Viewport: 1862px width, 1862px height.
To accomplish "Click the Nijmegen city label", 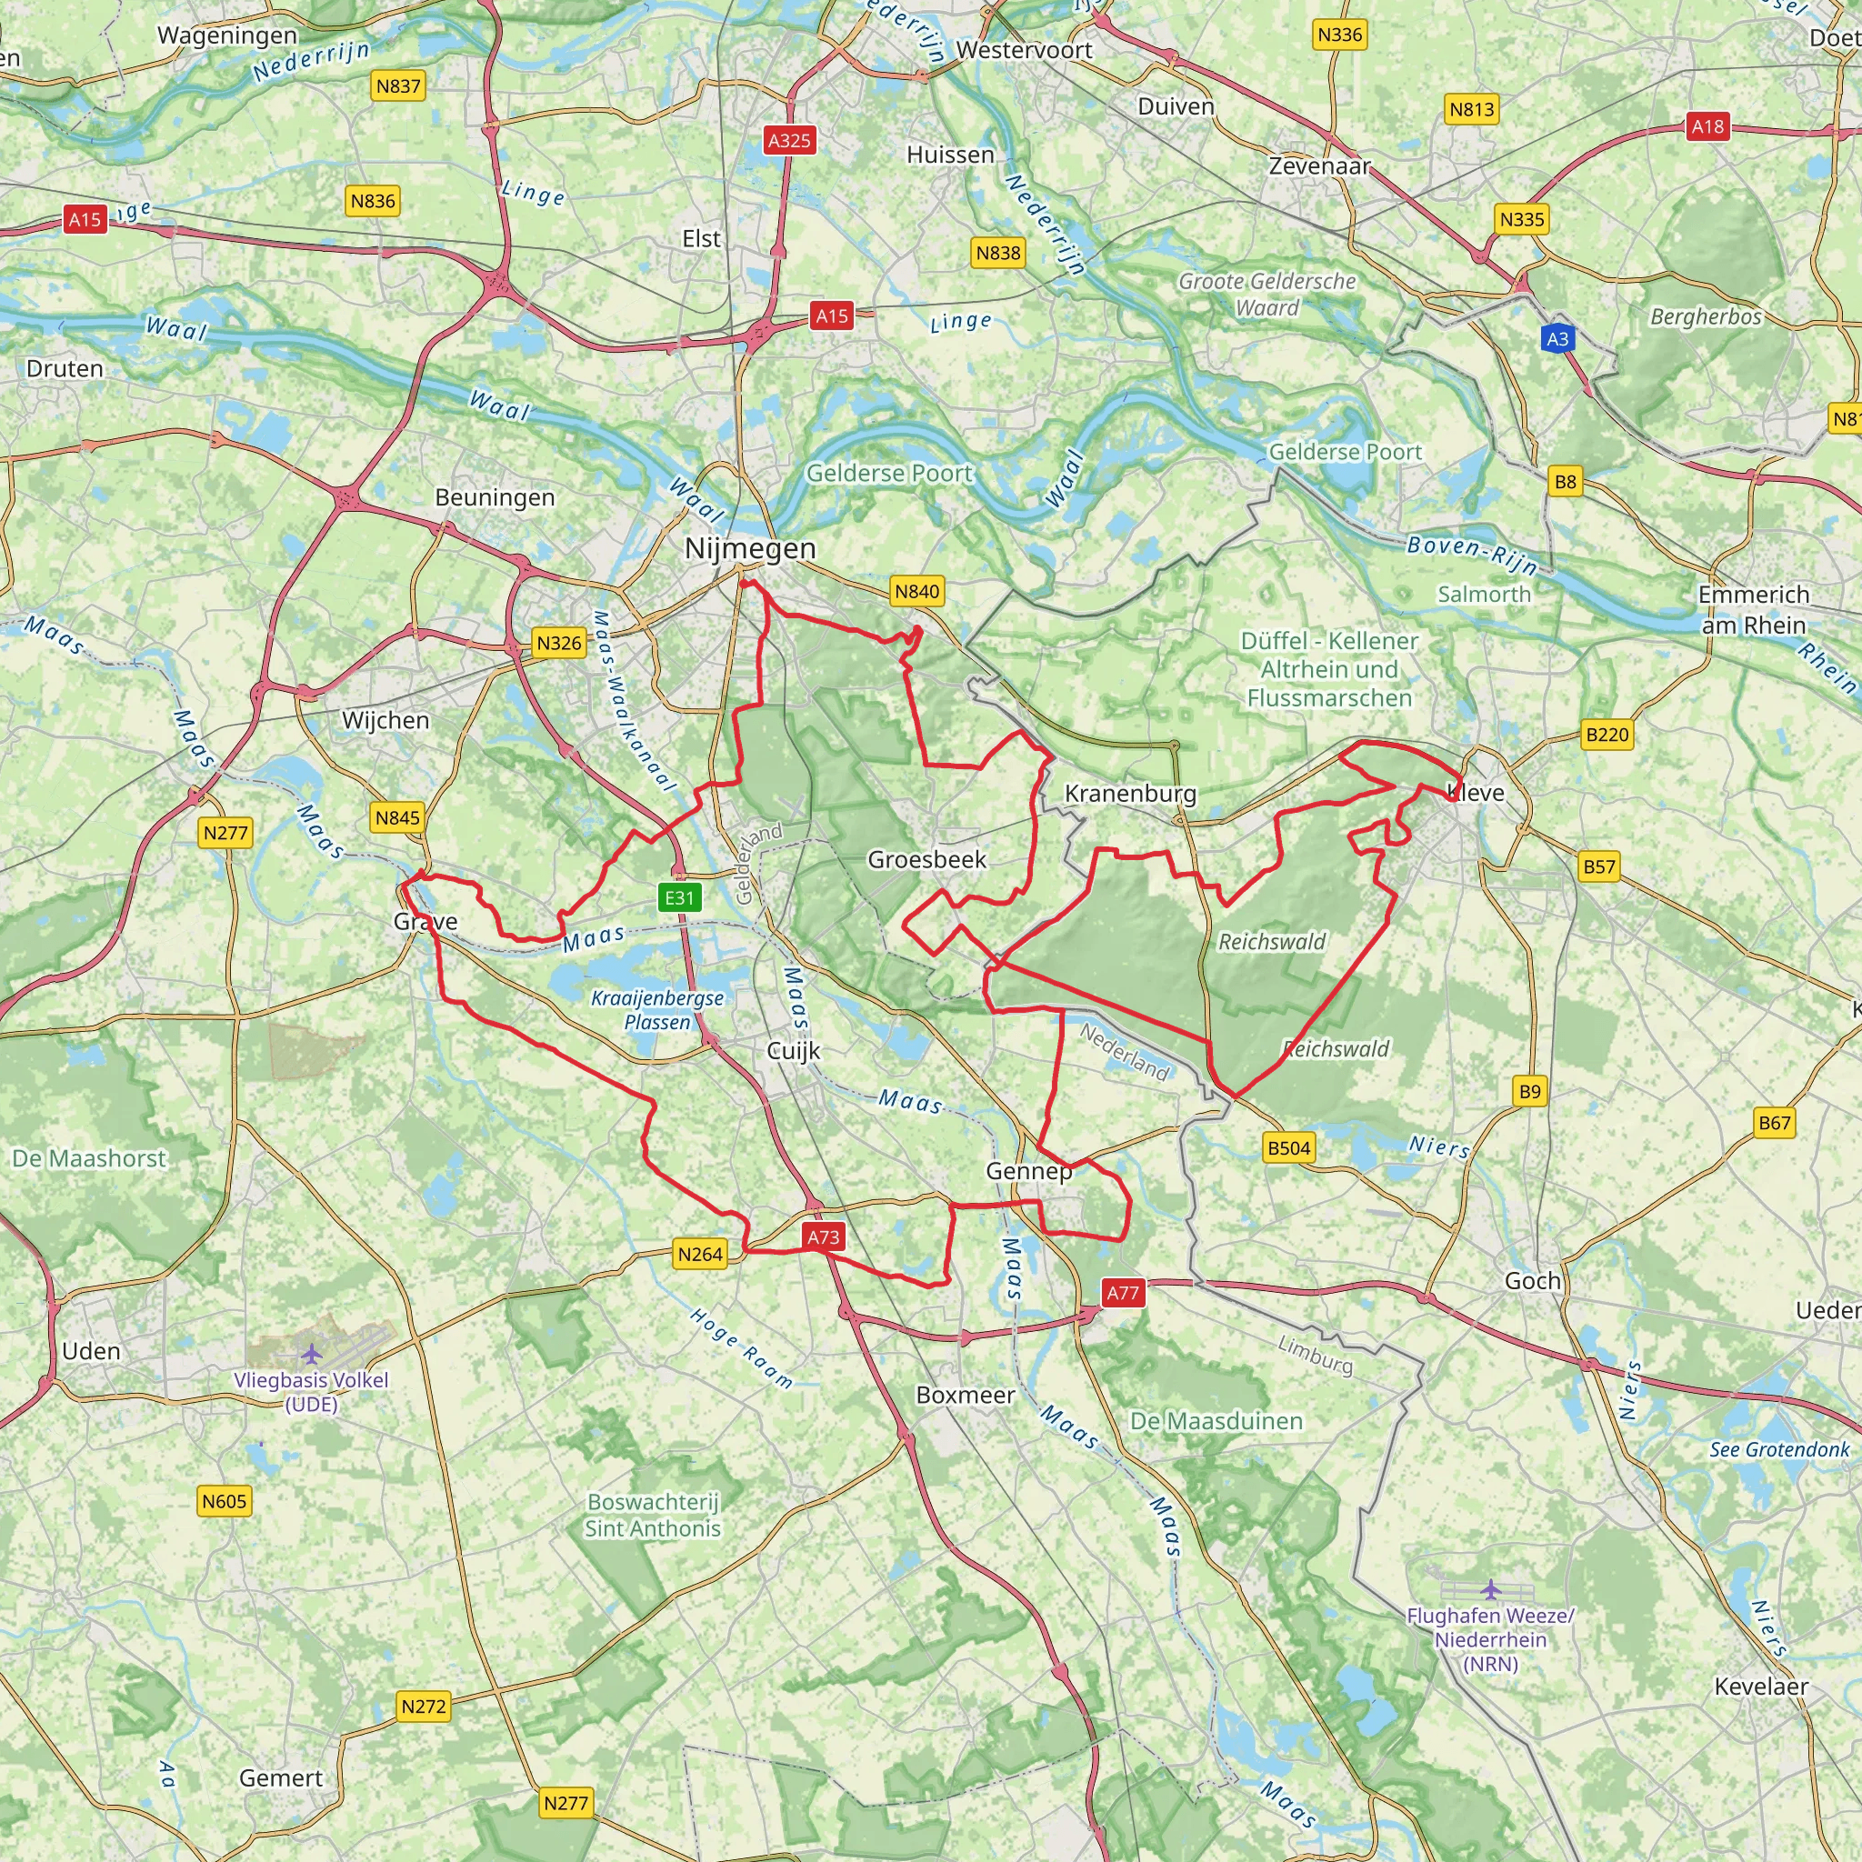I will click(750, 548).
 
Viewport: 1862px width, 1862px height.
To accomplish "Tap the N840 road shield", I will click(916, 592).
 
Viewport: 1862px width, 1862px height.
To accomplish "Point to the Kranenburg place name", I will click(1129, 793).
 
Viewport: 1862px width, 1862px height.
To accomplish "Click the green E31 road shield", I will click(679, 897).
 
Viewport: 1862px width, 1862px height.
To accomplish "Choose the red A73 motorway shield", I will click(823, 1236).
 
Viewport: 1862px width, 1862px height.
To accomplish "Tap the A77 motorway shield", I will click(1123, 1293).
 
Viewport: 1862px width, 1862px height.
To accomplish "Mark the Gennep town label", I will click(1028, 1171).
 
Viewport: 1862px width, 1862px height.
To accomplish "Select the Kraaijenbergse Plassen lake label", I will click(657, 1009).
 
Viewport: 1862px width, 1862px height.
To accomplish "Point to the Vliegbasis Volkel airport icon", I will click(310, 1354).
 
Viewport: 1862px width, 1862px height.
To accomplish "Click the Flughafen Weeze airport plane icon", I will click(1490, 1588).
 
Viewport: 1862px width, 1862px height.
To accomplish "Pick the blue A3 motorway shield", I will click(1557, 338).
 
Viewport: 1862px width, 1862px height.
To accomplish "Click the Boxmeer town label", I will click(965, 1395).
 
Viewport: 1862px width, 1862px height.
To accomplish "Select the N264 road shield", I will click(700, 1254).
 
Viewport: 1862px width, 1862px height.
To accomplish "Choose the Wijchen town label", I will click(385, 720).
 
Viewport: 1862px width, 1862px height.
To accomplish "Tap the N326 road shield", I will click(559, 643).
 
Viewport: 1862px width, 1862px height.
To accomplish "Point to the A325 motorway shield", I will click(789, 140).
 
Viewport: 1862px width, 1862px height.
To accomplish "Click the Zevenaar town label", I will click(1318, 165).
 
